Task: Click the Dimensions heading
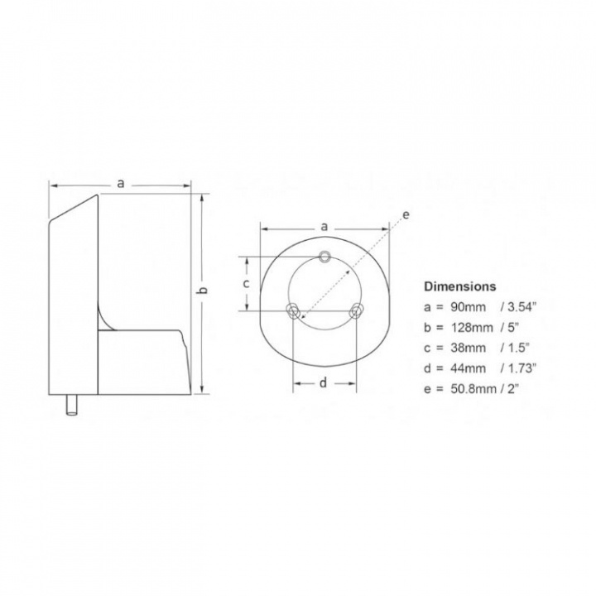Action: pos(460,286)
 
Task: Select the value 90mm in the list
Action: pos(469,307)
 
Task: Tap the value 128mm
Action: pos(472,327)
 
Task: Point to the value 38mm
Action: pos(469,348)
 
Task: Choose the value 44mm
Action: pos(469,368)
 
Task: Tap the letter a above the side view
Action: pos(121,184)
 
